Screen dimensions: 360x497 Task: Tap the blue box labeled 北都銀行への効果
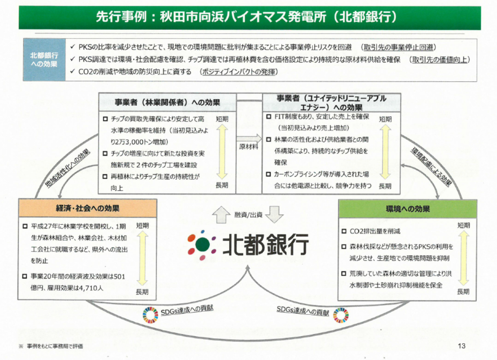coord(44,60)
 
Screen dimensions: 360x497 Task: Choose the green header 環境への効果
coord(407,209)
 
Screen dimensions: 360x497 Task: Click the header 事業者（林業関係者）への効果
coord(167,103)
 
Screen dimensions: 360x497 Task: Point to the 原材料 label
coord(248,147)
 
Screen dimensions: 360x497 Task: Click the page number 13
coord(462,346)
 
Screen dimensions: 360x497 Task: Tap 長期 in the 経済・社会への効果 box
coord(142,292)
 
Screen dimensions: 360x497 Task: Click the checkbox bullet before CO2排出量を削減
coord(344,232)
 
